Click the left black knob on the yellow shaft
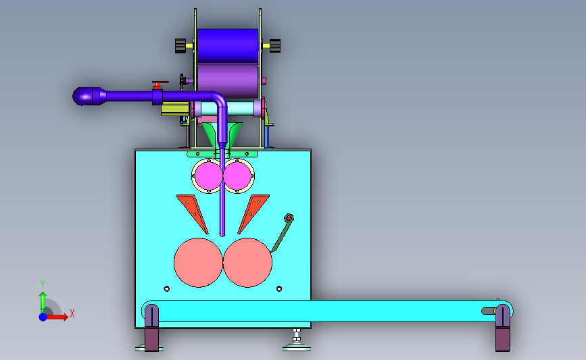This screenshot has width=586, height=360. coord(180,46)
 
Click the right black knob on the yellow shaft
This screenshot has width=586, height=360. coord(275,46)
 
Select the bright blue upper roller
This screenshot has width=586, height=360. coord(228,45)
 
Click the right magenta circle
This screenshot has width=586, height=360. coord(237,176)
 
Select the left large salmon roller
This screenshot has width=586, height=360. coord(198,263)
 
